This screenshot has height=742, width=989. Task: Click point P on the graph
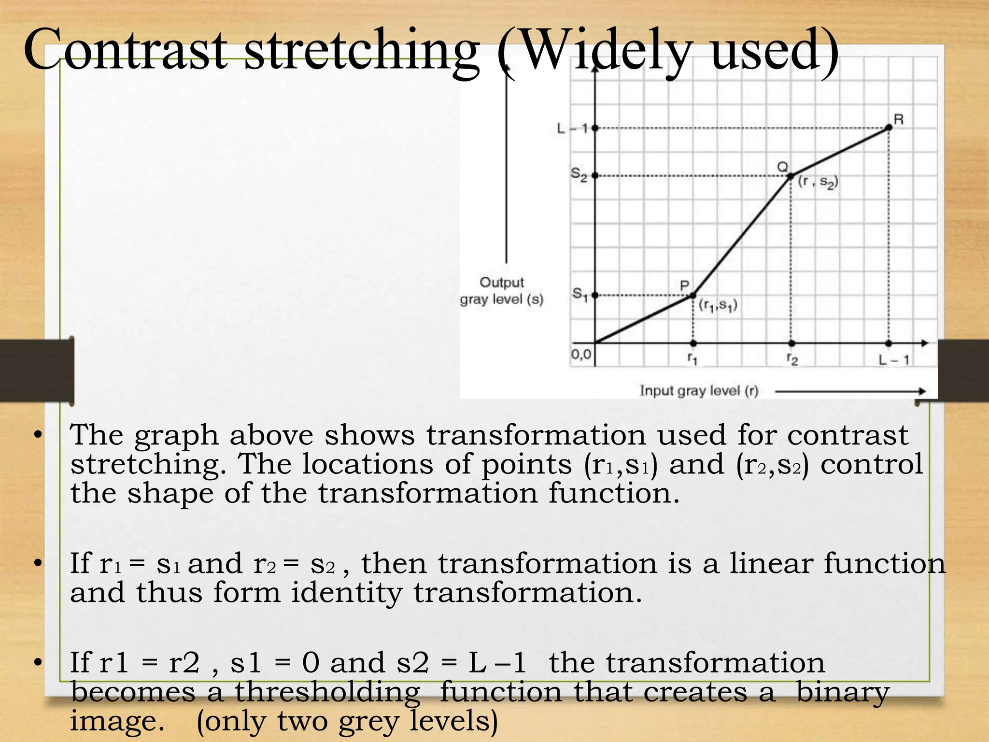[693, 295]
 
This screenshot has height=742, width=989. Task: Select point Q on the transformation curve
[791, 176]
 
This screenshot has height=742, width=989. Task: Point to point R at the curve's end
[889, 128]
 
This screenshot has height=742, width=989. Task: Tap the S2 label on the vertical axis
[579, 174]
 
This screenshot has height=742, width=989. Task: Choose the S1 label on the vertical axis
[579, 294]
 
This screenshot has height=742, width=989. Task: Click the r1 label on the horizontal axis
[692, 359]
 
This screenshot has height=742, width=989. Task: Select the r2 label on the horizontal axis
[792, 359]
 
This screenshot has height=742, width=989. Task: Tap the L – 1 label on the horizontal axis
[893, 360]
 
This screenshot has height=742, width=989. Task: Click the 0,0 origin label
[581, 355]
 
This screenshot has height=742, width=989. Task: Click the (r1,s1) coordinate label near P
[718, 305]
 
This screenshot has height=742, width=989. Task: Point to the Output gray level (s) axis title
[502, 291]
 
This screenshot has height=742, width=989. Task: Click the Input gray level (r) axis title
[699, 390]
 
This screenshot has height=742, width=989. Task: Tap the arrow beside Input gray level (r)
[850, 391]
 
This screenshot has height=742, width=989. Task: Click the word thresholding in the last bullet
[327, 692]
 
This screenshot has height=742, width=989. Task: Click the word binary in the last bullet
[842, 692]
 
